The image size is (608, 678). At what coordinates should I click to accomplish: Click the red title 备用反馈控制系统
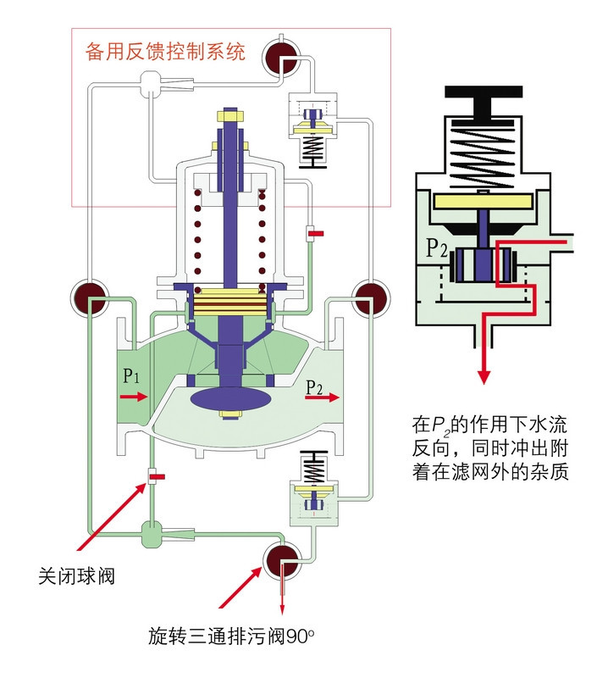coord(166,53)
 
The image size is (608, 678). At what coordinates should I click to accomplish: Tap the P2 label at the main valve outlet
coord(314,387)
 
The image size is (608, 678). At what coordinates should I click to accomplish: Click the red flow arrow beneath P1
coord(133,396)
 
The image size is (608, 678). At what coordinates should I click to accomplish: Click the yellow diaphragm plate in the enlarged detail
coord(485,201)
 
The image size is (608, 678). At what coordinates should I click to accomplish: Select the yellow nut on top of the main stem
coord(230,113)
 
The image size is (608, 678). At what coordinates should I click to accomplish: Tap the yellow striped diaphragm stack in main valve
coord(229,297)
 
